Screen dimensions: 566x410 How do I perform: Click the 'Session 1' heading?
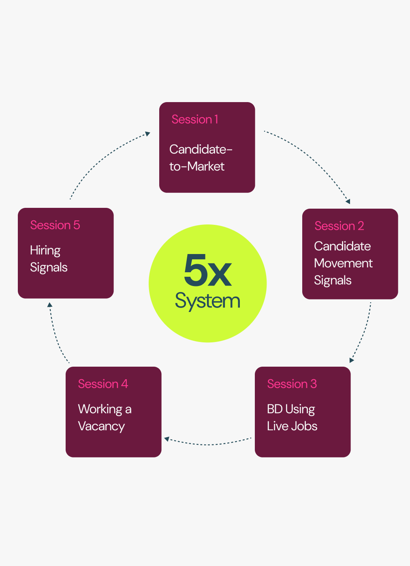(x=195, y=120)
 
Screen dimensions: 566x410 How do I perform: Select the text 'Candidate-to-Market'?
(x=201, y=158)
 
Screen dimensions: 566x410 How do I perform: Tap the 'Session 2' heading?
(x=339, y=226)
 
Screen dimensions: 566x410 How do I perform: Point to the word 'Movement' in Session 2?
(x=343, y=263)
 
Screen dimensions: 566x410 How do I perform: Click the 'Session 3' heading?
(x=292, y=384)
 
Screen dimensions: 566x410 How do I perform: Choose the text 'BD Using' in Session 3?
(x=291, y=409)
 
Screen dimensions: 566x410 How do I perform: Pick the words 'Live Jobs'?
(x=292, y=426)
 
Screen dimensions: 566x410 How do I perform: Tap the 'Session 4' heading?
(x=103, y=384)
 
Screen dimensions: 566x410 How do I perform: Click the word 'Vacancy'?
(x=101, y=426)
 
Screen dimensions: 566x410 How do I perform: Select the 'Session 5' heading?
(x=55, y=225)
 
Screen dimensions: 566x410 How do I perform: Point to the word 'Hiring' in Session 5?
(x=45, y=250)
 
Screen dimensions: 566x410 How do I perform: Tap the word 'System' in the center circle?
(x=207, y=301)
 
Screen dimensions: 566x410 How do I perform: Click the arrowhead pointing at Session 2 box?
(x=348, y=201)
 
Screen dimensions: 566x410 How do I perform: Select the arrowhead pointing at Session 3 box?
(x=351, y=360)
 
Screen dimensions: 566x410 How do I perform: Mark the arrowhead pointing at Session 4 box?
(x=167, y=439)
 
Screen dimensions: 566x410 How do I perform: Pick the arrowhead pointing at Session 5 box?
(x=50, y=305)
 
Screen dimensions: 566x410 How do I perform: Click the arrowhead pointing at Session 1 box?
(x=148, y=133)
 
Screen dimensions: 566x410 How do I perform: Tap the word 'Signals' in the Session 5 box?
(x=49, y=267)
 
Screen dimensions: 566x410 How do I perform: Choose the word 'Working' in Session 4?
(x=100, y=409)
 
